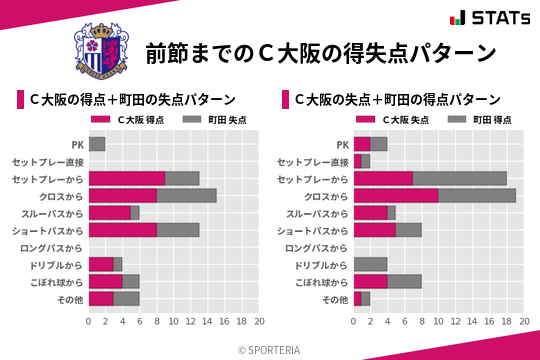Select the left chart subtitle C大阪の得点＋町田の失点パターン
[131, 99]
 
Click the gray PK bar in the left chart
[97, 144]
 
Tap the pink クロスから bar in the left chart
[123, 195]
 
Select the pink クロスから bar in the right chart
[396, 195]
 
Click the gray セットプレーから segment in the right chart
[460, 178]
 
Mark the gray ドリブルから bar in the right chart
[371, 264]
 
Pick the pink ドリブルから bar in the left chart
[101, 264]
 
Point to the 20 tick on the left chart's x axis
[259, 322]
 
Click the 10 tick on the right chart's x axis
[439, 322]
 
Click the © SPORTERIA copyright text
[270, 349]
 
